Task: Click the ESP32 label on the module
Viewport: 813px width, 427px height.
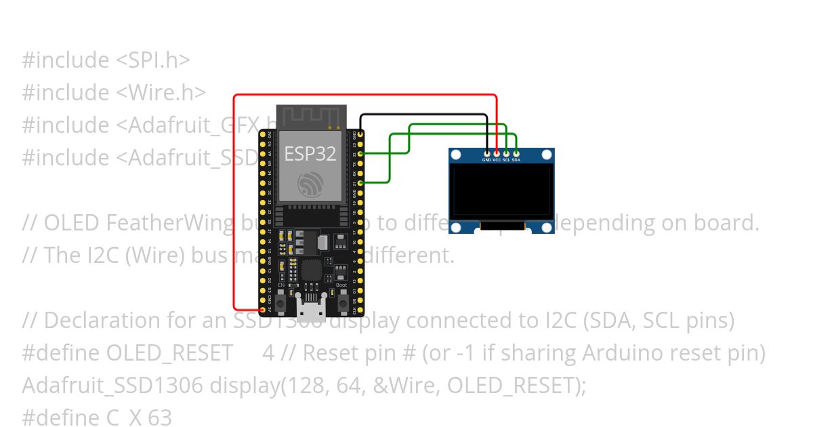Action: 310,154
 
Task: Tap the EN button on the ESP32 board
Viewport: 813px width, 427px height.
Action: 280,299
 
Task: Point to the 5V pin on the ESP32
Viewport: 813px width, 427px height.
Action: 263,309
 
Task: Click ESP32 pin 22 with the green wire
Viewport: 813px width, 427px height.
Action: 360,154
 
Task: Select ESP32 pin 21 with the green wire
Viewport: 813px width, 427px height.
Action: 360,183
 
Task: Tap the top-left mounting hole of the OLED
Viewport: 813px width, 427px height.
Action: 456,155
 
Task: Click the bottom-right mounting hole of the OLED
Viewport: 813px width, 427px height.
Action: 547,227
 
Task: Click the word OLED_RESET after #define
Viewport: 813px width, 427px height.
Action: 169,353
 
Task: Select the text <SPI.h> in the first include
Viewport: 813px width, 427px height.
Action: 153,60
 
